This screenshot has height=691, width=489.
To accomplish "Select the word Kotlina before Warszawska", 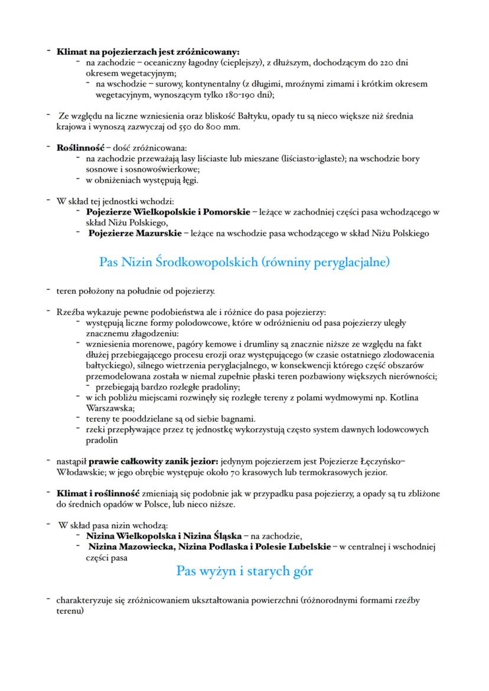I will point(403,398).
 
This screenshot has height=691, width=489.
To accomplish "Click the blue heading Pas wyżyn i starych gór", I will point(244,571).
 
